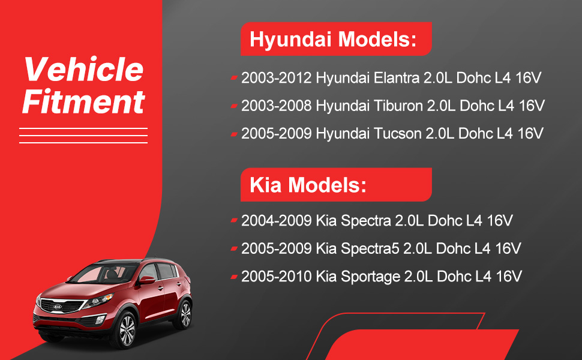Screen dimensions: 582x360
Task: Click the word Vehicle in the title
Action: (84, 70)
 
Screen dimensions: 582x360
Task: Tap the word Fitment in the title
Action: (83, 101)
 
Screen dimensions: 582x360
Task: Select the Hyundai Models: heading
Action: (333, 40)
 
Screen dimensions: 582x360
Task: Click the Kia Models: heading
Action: (308, 184)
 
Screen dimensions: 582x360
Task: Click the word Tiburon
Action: (398, 106)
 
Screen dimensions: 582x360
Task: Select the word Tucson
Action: (397, 134)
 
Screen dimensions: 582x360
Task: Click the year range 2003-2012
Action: (277, 78)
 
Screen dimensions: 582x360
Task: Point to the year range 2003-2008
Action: (277, 106)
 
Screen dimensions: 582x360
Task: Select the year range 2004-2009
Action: (277, 220)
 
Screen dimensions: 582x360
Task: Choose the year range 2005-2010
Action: (277, 277)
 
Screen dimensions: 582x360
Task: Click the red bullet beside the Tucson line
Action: (234, 134)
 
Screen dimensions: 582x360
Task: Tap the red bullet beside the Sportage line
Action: (234, 277)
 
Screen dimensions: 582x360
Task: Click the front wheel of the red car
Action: (127, 330)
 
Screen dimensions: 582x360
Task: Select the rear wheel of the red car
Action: (184, 315)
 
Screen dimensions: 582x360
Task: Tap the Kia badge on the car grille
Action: (58, 307)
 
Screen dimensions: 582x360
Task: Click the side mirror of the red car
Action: (146, 280)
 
